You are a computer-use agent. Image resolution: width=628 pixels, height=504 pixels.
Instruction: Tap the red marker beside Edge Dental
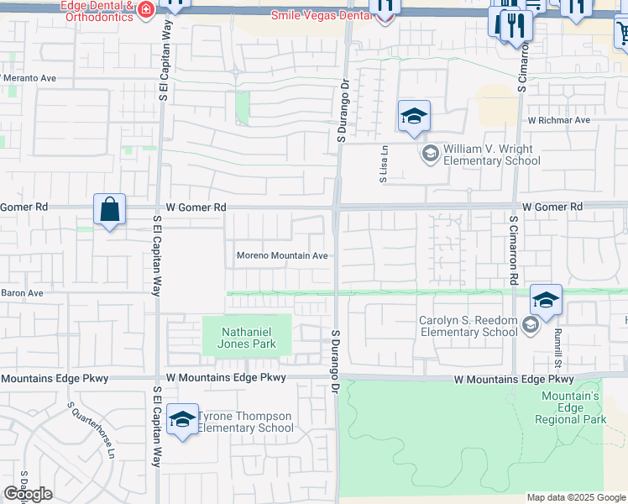click(146, 10)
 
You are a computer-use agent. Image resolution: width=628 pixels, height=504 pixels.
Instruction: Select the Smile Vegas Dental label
click(322, 15)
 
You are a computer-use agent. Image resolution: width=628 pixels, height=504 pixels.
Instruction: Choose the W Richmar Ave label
click(559, 120)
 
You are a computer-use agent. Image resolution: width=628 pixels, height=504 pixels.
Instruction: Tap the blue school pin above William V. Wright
click(414, 116)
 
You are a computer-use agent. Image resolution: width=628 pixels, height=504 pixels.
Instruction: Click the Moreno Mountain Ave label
click(281, 255)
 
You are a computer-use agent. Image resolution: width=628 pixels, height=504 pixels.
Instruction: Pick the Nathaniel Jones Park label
click(248, 338)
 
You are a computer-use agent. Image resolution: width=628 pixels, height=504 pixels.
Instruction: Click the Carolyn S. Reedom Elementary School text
click(468, 325)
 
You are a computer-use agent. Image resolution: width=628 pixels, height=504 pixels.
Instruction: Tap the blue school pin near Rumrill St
click(546, 302)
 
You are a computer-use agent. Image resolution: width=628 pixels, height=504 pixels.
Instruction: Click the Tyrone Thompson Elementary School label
click(246, 422)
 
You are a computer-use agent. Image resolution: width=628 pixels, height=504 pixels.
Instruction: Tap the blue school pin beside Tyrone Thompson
click(182, 421)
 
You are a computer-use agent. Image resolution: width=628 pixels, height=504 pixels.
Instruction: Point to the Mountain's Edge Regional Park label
click(573, 407)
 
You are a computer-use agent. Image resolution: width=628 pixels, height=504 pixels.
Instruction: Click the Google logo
click(28, 494)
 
